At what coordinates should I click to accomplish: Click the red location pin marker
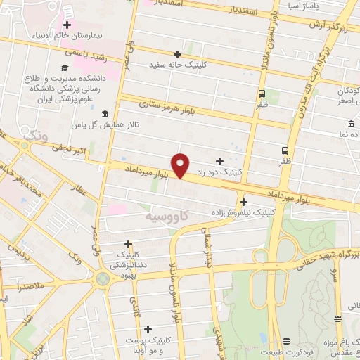click(x=181, y=165)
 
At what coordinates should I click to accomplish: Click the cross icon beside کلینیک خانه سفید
click(x=177, y=53)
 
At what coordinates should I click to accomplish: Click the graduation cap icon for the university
click(x=65, y=68)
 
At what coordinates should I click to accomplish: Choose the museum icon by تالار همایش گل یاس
click(x=105, y=114)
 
